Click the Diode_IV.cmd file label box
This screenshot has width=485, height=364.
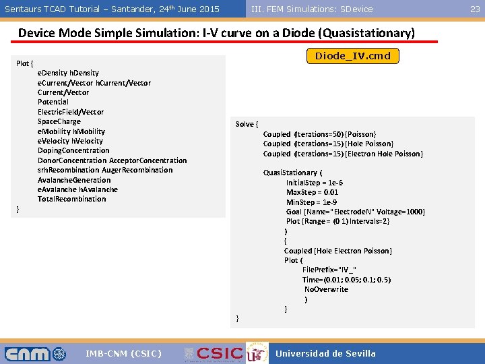point(353,56)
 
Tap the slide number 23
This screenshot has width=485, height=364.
point(475,9)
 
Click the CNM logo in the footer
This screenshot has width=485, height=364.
point(35,353)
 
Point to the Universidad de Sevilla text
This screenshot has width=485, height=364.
point(325,353)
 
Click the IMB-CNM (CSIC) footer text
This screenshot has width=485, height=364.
point(123,353)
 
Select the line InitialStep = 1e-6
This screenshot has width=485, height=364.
point(315,183)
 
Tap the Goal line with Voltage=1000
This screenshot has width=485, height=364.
point(356,212)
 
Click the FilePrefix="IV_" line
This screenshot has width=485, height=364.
point(329,270)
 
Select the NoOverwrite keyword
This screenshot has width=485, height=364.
point(326,289)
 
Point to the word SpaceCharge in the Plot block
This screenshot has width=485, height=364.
point(59,121)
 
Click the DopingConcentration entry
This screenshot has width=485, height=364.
point(73,150)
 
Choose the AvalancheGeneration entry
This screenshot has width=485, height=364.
point(74,180)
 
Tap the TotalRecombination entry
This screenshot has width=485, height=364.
point(72,199)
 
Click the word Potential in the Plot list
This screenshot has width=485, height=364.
point(53,102)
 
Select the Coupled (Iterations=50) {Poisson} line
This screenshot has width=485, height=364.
point(319,134)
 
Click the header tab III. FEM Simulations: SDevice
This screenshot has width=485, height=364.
point(312,9)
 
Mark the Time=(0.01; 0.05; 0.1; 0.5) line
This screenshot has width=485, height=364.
point(346,279)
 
